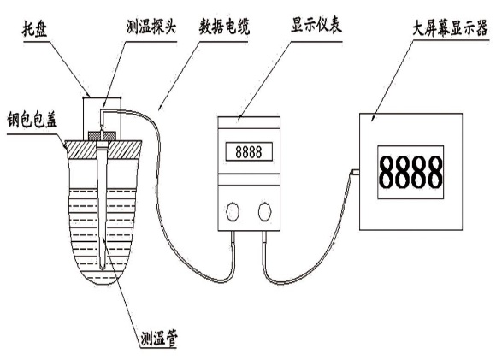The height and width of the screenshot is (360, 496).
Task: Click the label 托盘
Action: (x=34, y=29)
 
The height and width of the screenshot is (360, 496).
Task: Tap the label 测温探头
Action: (x=151, y=27)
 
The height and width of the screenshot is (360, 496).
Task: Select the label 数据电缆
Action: (x=224, y=27)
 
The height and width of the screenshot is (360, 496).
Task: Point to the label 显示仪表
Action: (x=316, y=25)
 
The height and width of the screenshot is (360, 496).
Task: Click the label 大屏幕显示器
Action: (x=450, y=29)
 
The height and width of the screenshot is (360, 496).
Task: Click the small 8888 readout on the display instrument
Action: (x=249, y=152)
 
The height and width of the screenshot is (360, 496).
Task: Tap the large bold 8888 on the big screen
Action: (x=410, y=173)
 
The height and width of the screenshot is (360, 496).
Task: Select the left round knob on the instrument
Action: (x=233, y=211)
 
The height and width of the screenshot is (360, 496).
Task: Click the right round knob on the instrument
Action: (x=264, y=211)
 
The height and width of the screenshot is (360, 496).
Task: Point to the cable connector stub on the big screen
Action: (x=355, y=172)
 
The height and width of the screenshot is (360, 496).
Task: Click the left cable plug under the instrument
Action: (x=233, y=237)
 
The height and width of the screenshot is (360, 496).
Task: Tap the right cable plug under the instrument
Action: (x=264, y=237)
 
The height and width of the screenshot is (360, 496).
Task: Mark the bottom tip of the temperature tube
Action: (x=102, y=269)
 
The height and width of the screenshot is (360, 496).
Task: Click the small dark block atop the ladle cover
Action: (x=102, y=136)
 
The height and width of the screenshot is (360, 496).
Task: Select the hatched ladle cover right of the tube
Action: (x=124, y=150)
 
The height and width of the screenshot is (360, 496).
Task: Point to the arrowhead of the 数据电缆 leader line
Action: (x=160, y=108)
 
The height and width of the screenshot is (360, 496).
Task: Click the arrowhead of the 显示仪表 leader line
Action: (x=239, y=118)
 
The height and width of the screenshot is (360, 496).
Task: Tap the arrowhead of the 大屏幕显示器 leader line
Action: (x=373, y=119)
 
